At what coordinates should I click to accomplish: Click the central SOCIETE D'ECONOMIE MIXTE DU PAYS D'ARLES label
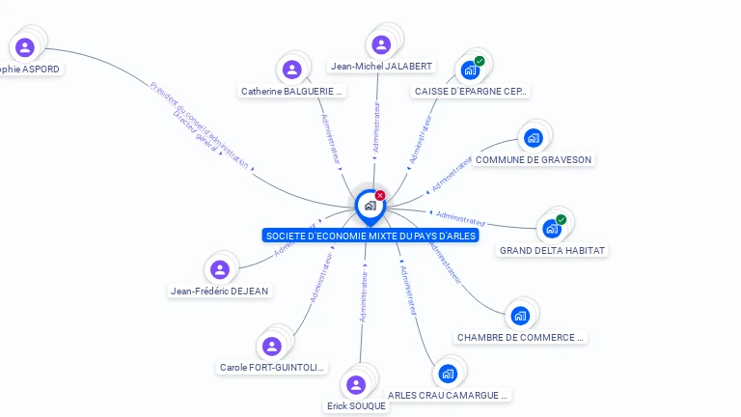(x=370, y=236)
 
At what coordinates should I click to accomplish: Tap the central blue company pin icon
(x=370, y=205)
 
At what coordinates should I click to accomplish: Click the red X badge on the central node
(x=380, y=195)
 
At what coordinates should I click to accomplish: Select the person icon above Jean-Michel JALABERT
(x=381, y=44)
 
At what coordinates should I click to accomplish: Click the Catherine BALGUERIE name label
(x=292, y=92)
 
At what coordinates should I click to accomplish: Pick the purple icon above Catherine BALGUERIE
(x=292, y=69)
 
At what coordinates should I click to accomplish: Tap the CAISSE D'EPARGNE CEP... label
(x=471, y=92)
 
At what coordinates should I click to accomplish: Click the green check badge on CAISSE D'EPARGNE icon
(x=480, y=62)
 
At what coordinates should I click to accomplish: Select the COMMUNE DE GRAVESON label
(x=534, y=159)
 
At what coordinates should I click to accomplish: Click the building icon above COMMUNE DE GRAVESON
(x=534, y=138)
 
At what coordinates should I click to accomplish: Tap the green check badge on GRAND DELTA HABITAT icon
(x=561, y=220)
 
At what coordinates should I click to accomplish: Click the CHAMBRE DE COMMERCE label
(x=521, y=338)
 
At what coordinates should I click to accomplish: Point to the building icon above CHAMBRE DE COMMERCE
(x=521, y=316)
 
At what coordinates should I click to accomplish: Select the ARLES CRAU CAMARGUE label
(x=448, y=395)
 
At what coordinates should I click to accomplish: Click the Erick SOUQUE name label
(x=356, y=406)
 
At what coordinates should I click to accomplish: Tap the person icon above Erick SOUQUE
(x=356, y=385)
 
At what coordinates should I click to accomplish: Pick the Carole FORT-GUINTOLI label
(x=273, y=368)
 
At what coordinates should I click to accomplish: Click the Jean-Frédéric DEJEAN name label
(x=220, y=292)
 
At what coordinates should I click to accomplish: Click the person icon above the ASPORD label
(x=25, y=47)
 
